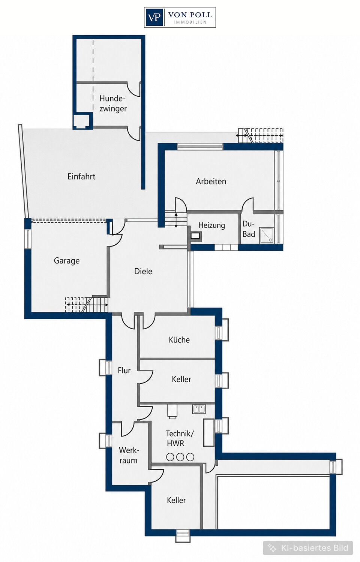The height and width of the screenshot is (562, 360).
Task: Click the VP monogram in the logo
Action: (154, 17)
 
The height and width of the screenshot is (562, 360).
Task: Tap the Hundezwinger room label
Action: (113, 103)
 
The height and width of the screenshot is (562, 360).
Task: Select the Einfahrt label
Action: (81, 176)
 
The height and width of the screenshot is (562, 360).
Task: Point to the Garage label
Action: (66, 261)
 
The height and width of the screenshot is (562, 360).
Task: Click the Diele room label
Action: (143, 271)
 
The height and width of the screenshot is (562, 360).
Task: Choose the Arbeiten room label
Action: (211, 181)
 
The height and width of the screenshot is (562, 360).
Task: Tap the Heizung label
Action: (211, 225)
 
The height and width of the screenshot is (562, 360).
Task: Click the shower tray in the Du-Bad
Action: (266, 235)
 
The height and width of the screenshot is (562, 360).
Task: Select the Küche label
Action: (179, 340)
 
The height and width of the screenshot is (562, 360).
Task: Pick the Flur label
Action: (124, 370)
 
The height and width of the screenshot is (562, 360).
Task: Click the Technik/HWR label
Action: (180, 438)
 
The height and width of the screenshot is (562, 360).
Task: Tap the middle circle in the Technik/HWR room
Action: (180, 457)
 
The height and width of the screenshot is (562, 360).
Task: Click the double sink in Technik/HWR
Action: (199, 409)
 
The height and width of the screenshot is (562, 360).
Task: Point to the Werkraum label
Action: (128, 455)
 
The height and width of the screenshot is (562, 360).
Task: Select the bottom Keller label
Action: (176, 500)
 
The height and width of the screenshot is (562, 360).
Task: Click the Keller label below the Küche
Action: (181, 379)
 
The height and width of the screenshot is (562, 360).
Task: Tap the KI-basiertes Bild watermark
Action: (308, 548)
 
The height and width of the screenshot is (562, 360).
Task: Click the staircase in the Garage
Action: (87, 305)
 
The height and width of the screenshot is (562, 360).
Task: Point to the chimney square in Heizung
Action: (195, 236)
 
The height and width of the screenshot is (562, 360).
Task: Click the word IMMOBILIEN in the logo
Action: (190, 22)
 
